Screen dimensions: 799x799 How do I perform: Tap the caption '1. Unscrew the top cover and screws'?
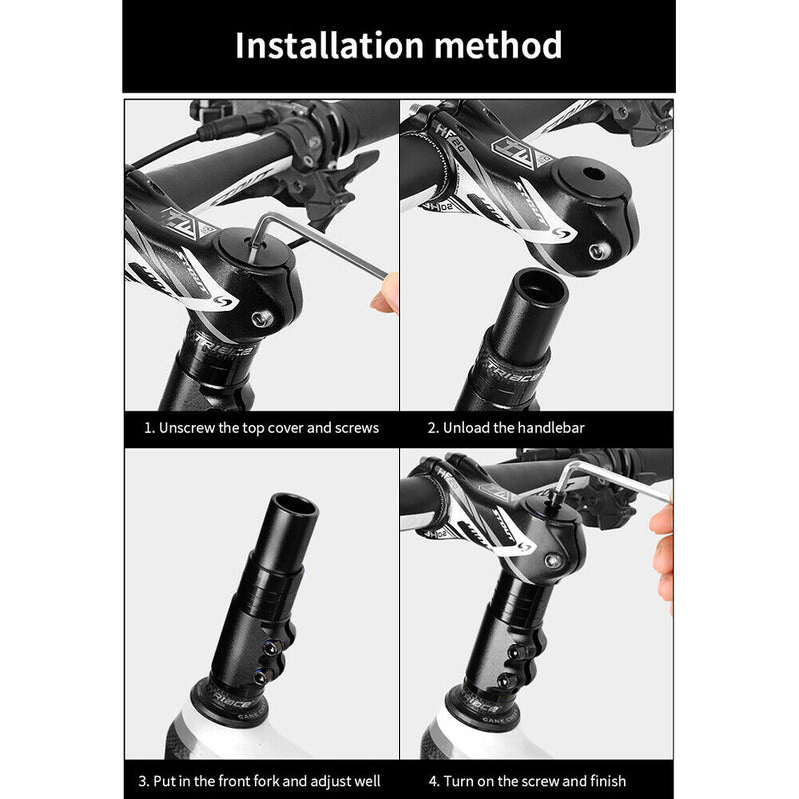(261, 428)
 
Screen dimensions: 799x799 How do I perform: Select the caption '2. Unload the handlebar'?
(506, 428)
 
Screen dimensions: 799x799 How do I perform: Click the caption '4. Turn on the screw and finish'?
(527, 780)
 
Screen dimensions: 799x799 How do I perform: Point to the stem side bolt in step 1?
(264, 319)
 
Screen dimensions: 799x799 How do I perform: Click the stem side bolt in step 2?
(597, 250)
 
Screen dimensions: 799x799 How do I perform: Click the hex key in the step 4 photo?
(609, 474)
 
